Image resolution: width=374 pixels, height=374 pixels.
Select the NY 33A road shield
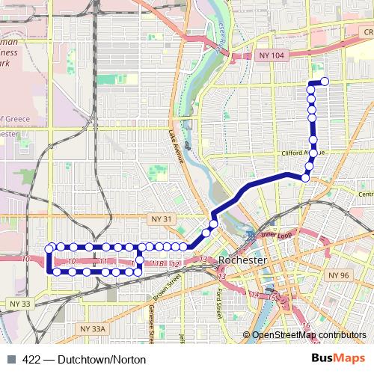(95, 328)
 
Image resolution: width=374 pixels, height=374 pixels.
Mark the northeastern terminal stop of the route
(325, 82)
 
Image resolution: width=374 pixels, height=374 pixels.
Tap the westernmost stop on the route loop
(49, 248)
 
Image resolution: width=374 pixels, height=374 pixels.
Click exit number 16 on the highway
(307, 325)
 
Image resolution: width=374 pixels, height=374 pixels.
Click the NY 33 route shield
(20, 304)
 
